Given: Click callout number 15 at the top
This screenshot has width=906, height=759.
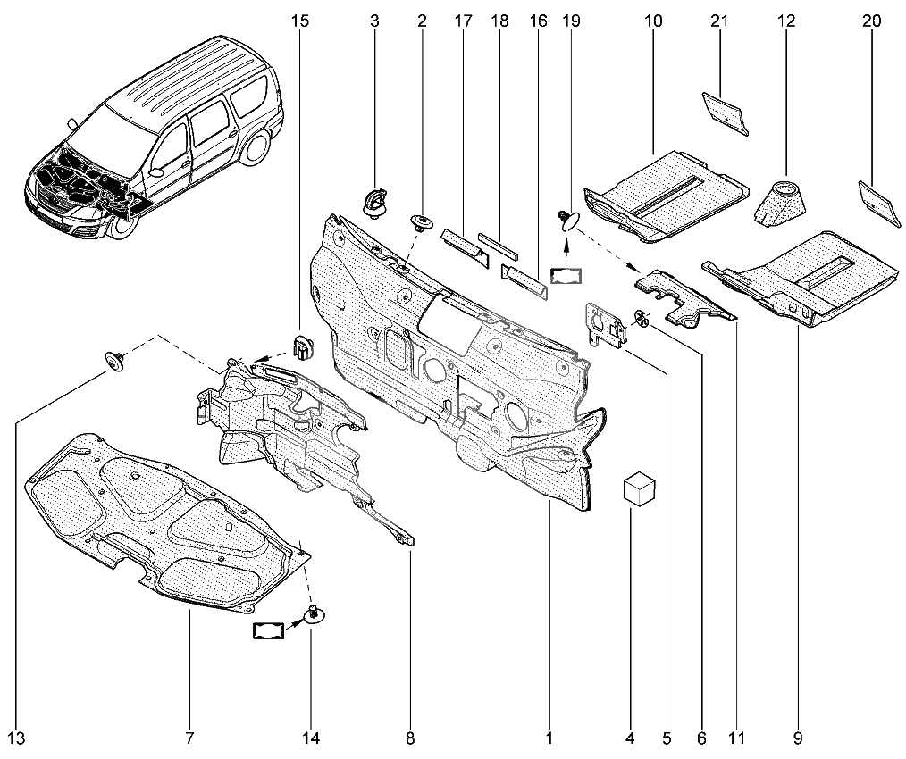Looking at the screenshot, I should pos(301,21).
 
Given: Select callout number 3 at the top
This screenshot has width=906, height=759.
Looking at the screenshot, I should pos(373,21).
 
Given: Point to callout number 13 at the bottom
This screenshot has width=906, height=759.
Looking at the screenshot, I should pos(16,738).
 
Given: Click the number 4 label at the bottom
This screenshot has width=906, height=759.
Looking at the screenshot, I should pos(630,738).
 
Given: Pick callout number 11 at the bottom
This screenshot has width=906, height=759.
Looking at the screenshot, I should pos(735,738).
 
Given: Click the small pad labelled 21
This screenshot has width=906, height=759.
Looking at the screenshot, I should pos(725,111).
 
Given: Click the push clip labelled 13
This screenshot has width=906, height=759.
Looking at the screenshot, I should pos(114,360).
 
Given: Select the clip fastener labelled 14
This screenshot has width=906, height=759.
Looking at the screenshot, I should pos(314,613).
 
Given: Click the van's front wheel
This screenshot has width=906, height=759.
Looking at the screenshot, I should pos(124,223).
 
